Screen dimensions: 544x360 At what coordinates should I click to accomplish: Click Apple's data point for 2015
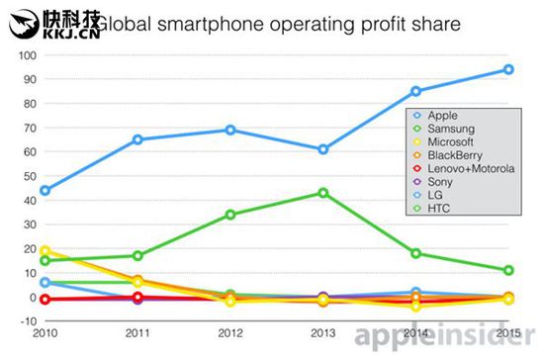(x=508, y=69)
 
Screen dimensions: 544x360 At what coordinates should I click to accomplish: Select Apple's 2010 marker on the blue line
(x=45, y=191)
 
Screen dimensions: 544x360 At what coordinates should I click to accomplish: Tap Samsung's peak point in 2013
(x=323, y=193)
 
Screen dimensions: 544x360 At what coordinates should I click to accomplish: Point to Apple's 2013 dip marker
(x=323, y=149)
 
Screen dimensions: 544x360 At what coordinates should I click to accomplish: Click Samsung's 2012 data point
(x=230, y=215)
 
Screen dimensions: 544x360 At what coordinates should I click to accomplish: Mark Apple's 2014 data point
(x=416, y=92)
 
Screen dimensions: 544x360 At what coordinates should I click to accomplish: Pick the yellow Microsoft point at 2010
(x=45, y=251)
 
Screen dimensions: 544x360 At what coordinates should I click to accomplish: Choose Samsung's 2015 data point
(x=508, y=270)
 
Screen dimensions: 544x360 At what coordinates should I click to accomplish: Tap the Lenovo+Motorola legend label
(x=471, y=168)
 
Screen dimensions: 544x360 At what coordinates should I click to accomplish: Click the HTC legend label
(x=439, y=209)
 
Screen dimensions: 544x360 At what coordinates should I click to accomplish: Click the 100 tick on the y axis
(x=28, y=55)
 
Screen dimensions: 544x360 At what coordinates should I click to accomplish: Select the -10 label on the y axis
(x=29, y=321)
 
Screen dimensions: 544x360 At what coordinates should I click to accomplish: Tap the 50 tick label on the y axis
(x=30, y=176)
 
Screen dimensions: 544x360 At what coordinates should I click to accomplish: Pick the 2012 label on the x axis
(x=230, y=333)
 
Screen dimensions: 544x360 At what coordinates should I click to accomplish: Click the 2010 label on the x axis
(x=45, y=333)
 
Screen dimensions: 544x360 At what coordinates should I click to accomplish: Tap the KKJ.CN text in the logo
(x=71, y=34)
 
